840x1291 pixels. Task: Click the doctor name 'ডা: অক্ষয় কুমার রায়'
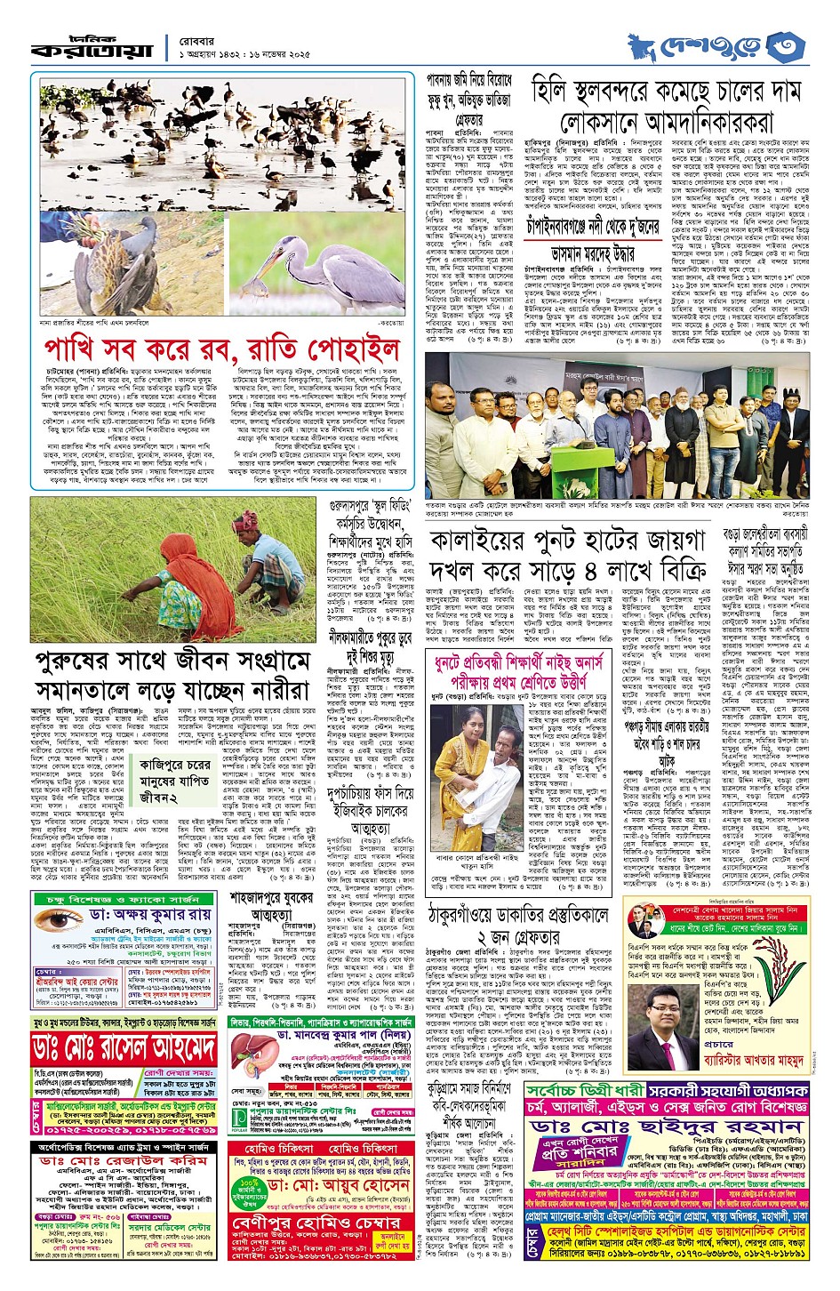tap(150, 914)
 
